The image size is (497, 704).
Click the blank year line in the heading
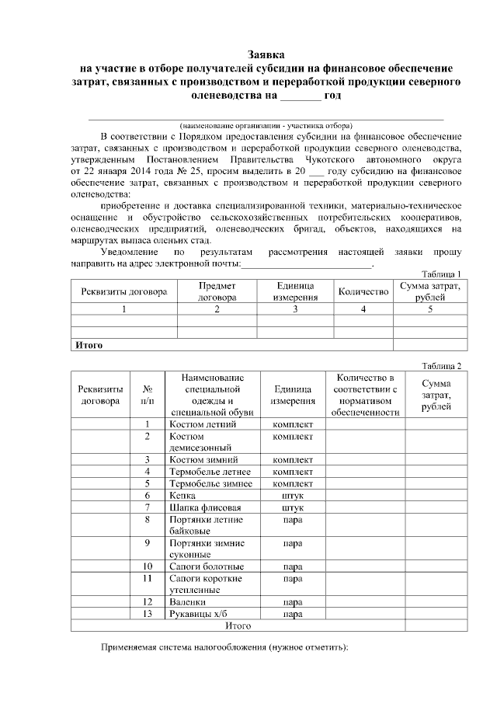point(299,98)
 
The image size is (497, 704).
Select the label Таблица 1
point(441,274)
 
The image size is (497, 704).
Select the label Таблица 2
point(441,366)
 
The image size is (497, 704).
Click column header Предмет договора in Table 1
point(217,291)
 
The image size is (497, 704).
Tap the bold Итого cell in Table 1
point(89,344)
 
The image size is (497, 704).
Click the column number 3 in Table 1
point(294,309)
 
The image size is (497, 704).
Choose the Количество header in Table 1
point(363,292)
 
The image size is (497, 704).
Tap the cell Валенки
point(187,601)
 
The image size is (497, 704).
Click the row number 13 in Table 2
point(147,614)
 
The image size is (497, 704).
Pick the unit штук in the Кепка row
point(293,495)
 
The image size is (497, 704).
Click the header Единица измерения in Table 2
point(293,395)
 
